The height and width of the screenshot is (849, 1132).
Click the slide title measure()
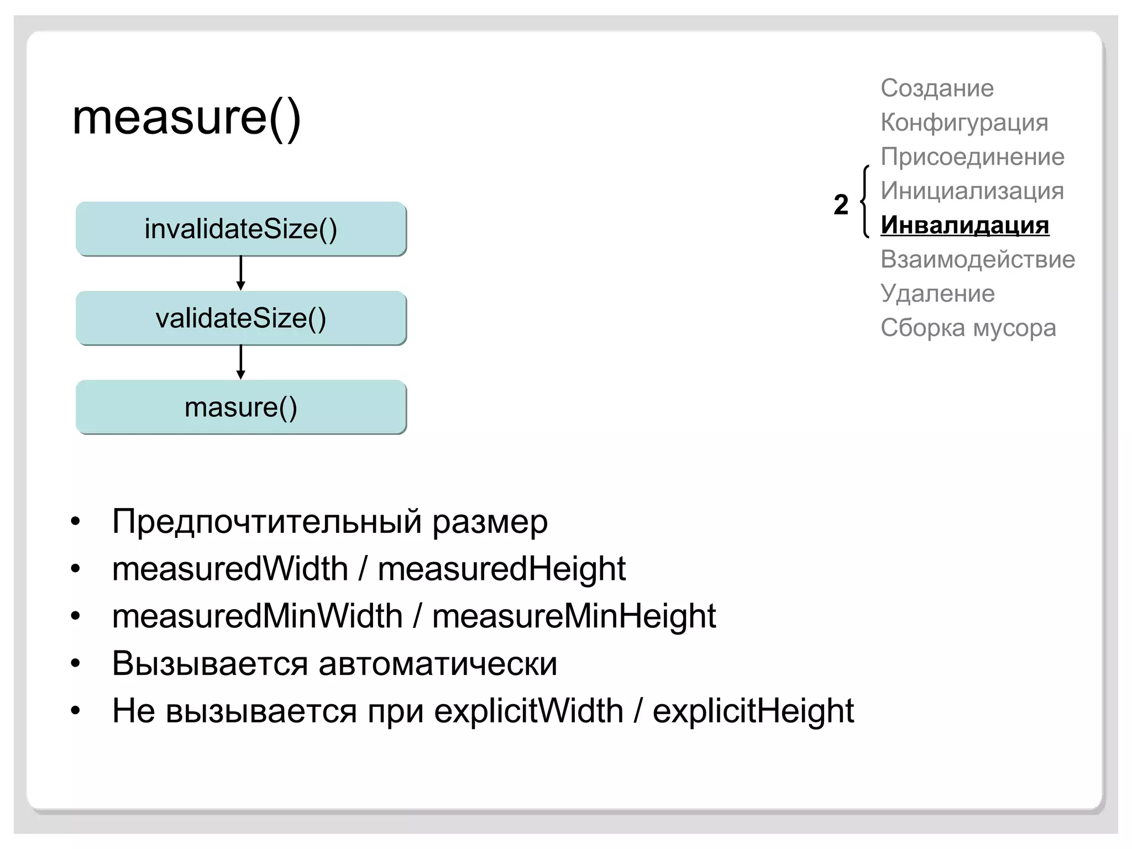pos(186,118)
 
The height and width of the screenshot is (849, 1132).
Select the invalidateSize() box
pos(241,229)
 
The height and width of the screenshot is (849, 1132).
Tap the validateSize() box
pos(241,318)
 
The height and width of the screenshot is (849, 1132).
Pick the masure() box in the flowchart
pos(241,407)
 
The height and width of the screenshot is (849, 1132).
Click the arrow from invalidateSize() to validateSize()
pos(240,273)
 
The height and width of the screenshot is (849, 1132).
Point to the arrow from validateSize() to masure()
pos(240,362)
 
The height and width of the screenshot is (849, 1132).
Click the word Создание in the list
pos(937,88)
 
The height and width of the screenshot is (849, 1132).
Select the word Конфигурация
pos(964,123)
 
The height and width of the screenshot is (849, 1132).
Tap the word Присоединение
pos(972,157)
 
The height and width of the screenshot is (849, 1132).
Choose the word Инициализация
pos(972,191)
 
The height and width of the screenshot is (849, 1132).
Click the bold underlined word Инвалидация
pos(965,226)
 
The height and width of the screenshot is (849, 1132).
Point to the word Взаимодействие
pos(977,260)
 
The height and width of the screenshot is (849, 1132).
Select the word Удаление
pos(937,294)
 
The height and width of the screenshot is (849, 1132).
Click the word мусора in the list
pos(1014,328)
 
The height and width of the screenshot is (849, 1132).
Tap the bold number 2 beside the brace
pos(841,205)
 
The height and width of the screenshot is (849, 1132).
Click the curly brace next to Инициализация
pos(865,202)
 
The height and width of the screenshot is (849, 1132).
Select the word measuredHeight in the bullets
pos(501,569)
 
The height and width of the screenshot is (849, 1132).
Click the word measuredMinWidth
pos(257,616)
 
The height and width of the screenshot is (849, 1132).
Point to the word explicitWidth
pos(528,711)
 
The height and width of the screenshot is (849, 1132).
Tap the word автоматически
pos(438,663)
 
